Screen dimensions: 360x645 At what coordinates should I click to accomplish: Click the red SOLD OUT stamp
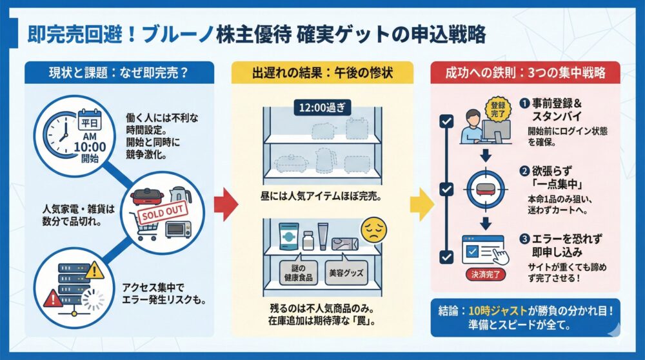[x=161, y=212]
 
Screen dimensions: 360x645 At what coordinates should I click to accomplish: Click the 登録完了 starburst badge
[x=497, y=108]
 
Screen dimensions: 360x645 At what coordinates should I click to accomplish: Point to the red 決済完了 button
[x=485, y=274]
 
